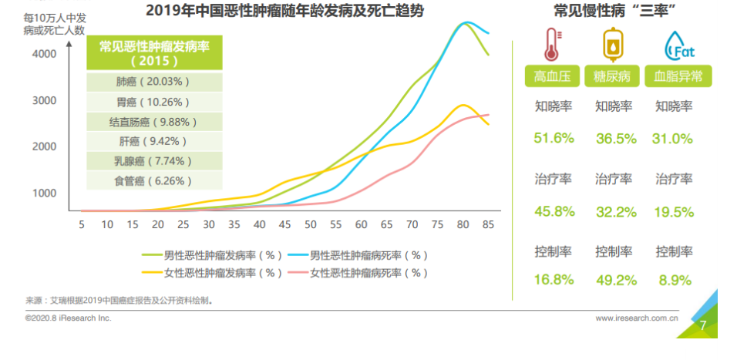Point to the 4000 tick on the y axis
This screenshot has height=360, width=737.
44,54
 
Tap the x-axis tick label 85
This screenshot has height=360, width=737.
488,224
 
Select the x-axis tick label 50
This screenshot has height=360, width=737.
310,224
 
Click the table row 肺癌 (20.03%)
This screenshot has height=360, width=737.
153,82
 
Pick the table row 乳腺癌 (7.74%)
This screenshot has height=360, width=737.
153,161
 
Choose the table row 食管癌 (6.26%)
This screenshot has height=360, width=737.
153,181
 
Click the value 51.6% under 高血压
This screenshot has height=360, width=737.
554,138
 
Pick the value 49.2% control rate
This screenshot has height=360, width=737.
614,280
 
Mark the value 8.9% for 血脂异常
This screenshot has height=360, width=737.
675,280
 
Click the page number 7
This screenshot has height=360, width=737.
702,325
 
